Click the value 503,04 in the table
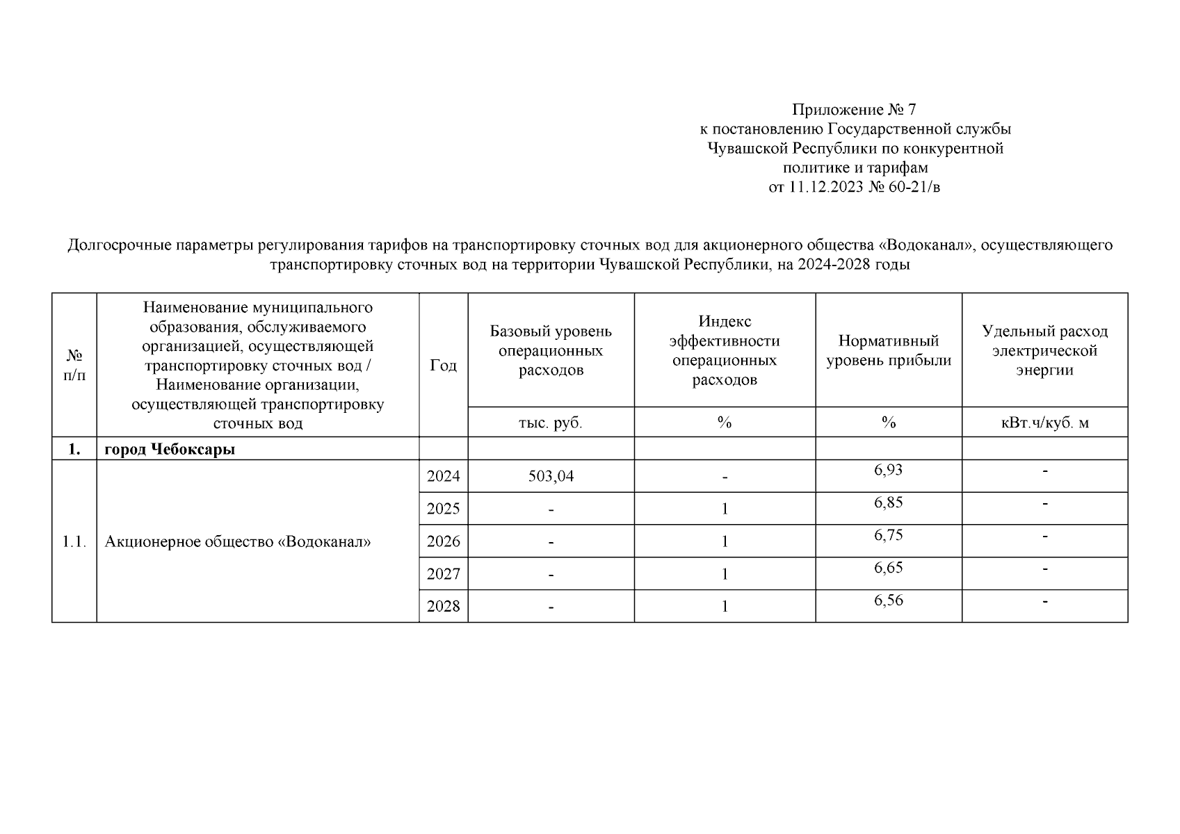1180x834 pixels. (x=551, y=477)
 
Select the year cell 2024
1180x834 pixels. (x=443, y=477)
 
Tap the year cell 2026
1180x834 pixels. (x=443, y=541)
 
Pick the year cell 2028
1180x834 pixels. (x=443, y=607)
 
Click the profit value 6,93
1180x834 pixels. (x=888, y=471)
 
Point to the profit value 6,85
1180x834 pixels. (x=888, y=502)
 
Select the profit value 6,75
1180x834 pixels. (x=888, y=535)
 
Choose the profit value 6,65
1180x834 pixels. (x=888, y=568)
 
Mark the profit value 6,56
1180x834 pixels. (x=888, y=600)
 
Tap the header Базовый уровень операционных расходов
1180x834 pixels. (x=551, y=350)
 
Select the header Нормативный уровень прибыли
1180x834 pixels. (x=888, y=350)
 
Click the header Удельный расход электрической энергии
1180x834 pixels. (x=1044, y=350)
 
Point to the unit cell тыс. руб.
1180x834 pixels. (x=551, y=423)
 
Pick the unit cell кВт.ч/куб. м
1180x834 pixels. (x=1044, y=423)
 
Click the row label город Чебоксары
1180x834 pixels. (x=170, y=450)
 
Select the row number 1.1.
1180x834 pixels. (x=74, y=541)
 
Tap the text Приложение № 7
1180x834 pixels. (x=855, y=110)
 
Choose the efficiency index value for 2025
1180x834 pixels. (x=725, y=509)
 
